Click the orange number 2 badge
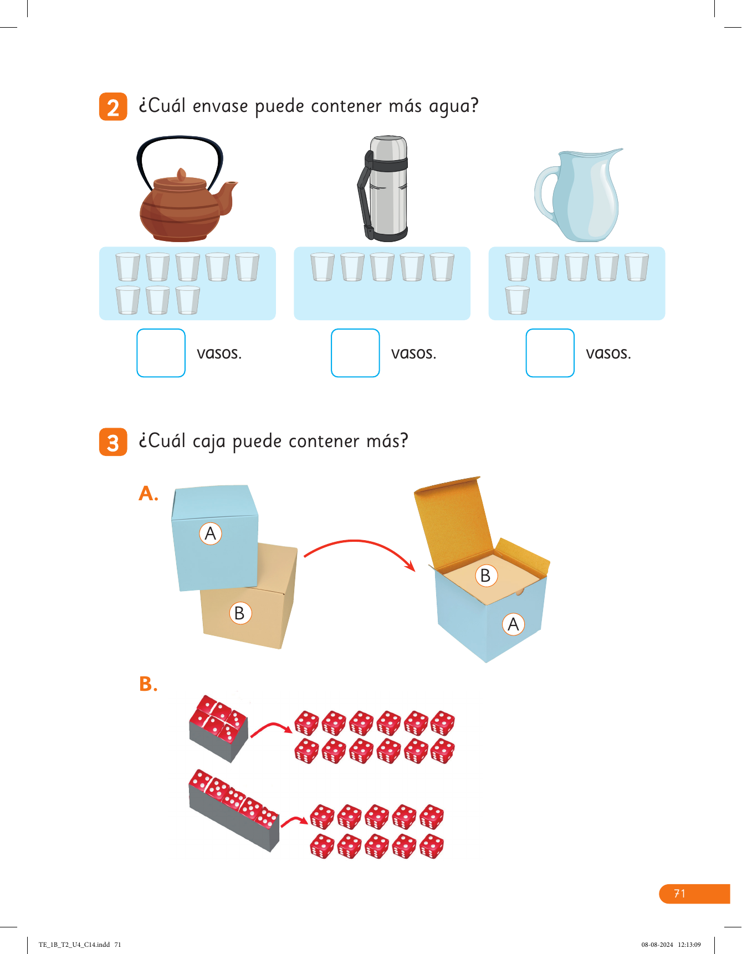113,106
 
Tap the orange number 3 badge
113,442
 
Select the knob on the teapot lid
181,175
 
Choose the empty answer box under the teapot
161,353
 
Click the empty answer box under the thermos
355,353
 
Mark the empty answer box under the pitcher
550,353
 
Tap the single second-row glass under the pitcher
517,300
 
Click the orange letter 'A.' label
148,493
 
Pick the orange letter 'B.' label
148,684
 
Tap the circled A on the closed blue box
211,534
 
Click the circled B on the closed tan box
240,613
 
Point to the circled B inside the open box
486,576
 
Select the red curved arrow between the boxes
357,541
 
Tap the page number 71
679,894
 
